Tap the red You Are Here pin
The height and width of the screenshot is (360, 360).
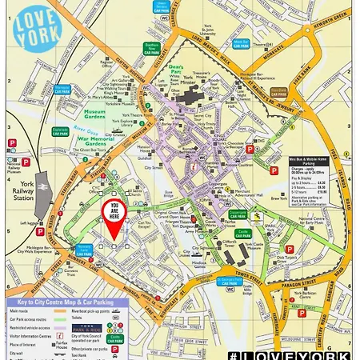click(114, 221)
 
